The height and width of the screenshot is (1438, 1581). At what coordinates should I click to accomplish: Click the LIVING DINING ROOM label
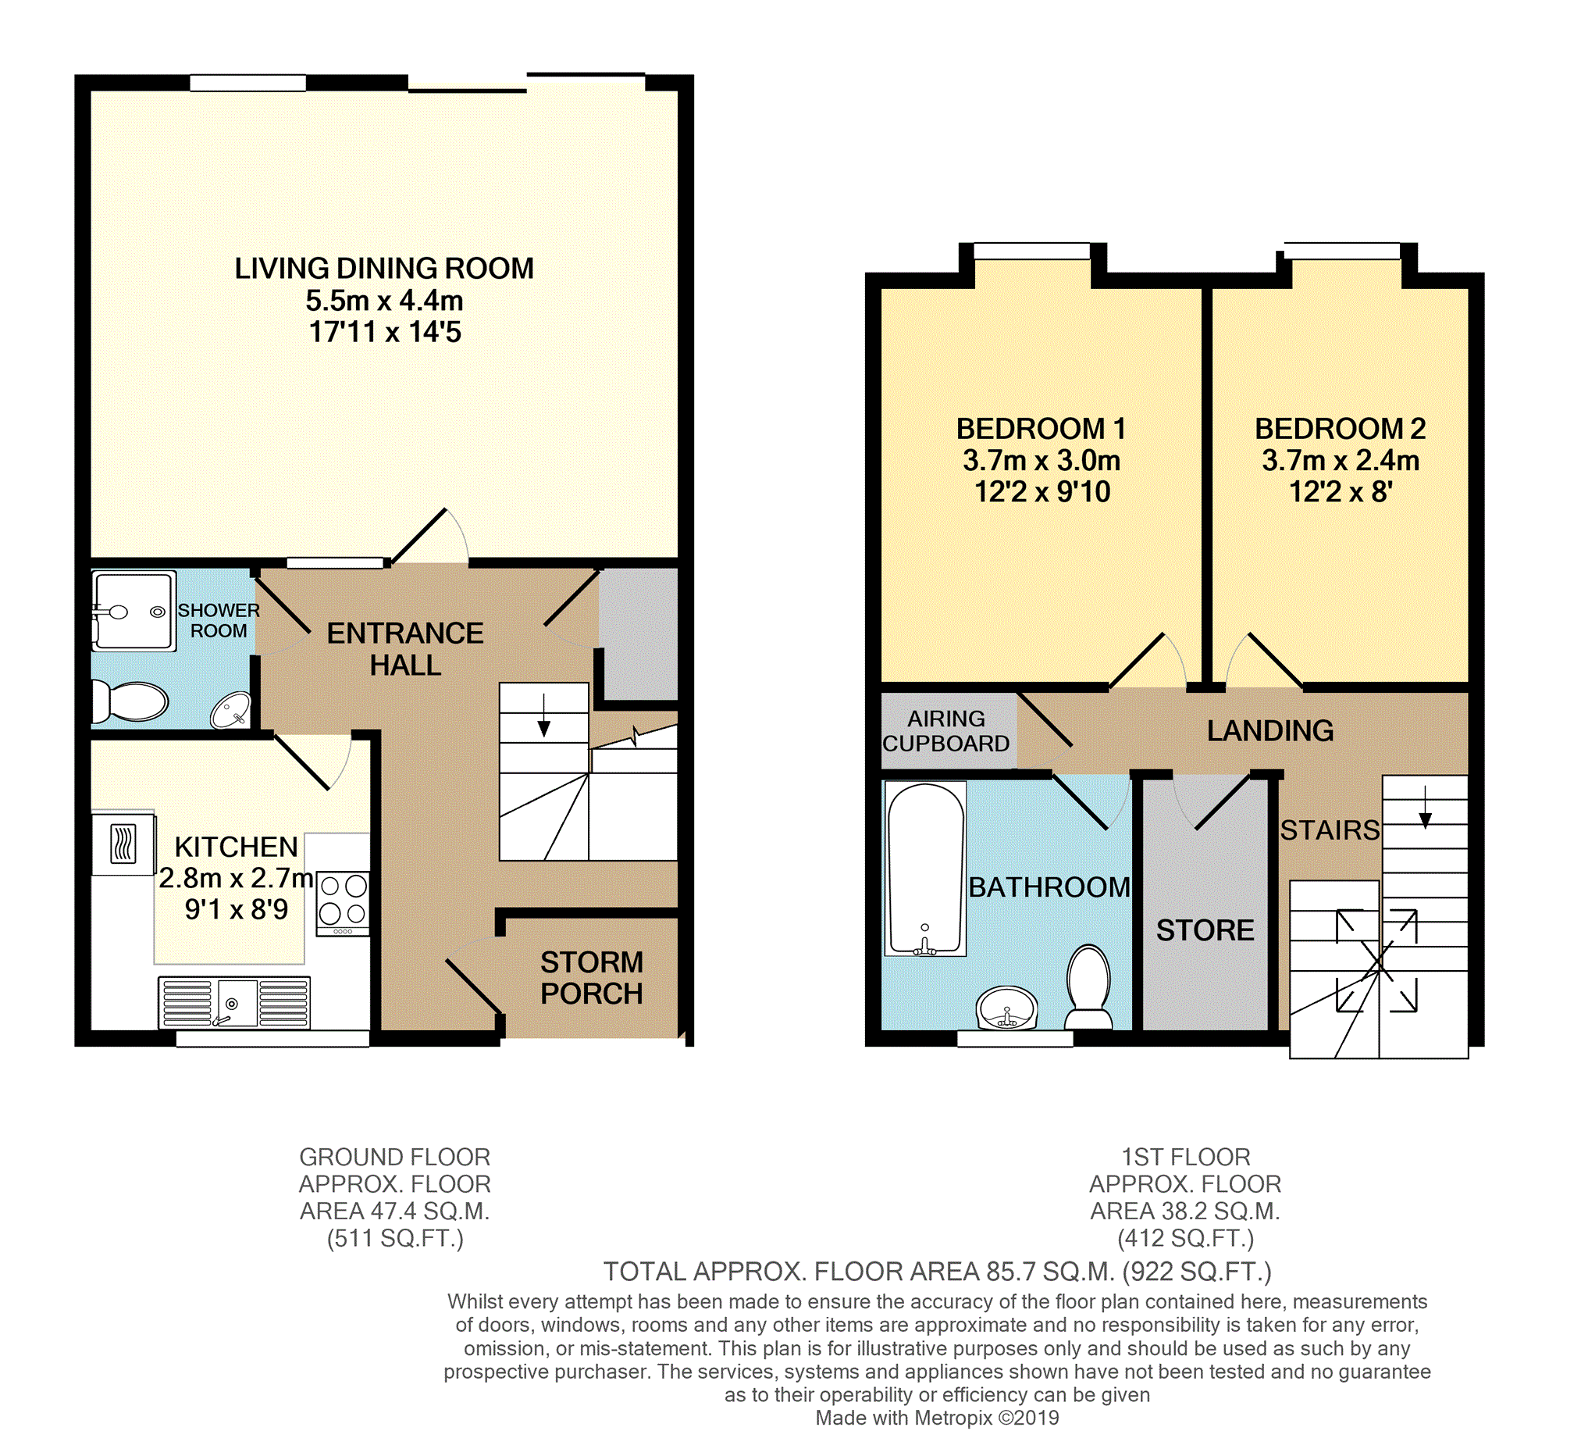(383, 268)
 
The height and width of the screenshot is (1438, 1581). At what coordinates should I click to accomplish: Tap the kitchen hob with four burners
(343, 902)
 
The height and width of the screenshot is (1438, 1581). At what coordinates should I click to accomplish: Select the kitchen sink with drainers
(233, 1002)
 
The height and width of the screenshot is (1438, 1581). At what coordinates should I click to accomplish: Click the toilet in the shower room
(132, 701)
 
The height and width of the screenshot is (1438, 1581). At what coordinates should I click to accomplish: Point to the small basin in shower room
(230, 709)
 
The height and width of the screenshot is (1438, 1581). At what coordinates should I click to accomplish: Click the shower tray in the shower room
(134, 611)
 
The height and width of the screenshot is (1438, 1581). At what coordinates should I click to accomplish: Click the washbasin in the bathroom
(1007, 1008)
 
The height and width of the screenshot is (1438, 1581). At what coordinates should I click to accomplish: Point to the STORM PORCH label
(591, 977)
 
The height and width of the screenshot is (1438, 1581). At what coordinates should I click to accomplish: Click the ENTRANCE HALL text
(404, 649)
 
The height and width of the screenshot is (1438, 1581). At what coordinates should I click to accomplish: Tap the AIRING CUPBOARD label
(945, 730)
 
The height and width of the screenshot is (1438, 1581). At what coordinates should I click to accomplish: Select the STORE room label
(1205, 930)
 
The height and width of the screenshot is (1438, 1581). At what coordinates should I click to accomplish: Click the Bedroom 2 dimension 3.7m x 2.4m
(1341, 461)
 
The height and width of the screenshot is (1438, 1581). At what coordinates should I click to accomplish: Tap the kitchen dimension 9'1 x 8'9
(236, 910)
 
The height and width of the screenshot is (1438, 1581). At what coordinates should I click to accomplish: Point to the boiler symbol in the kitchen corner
(123, 844)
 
